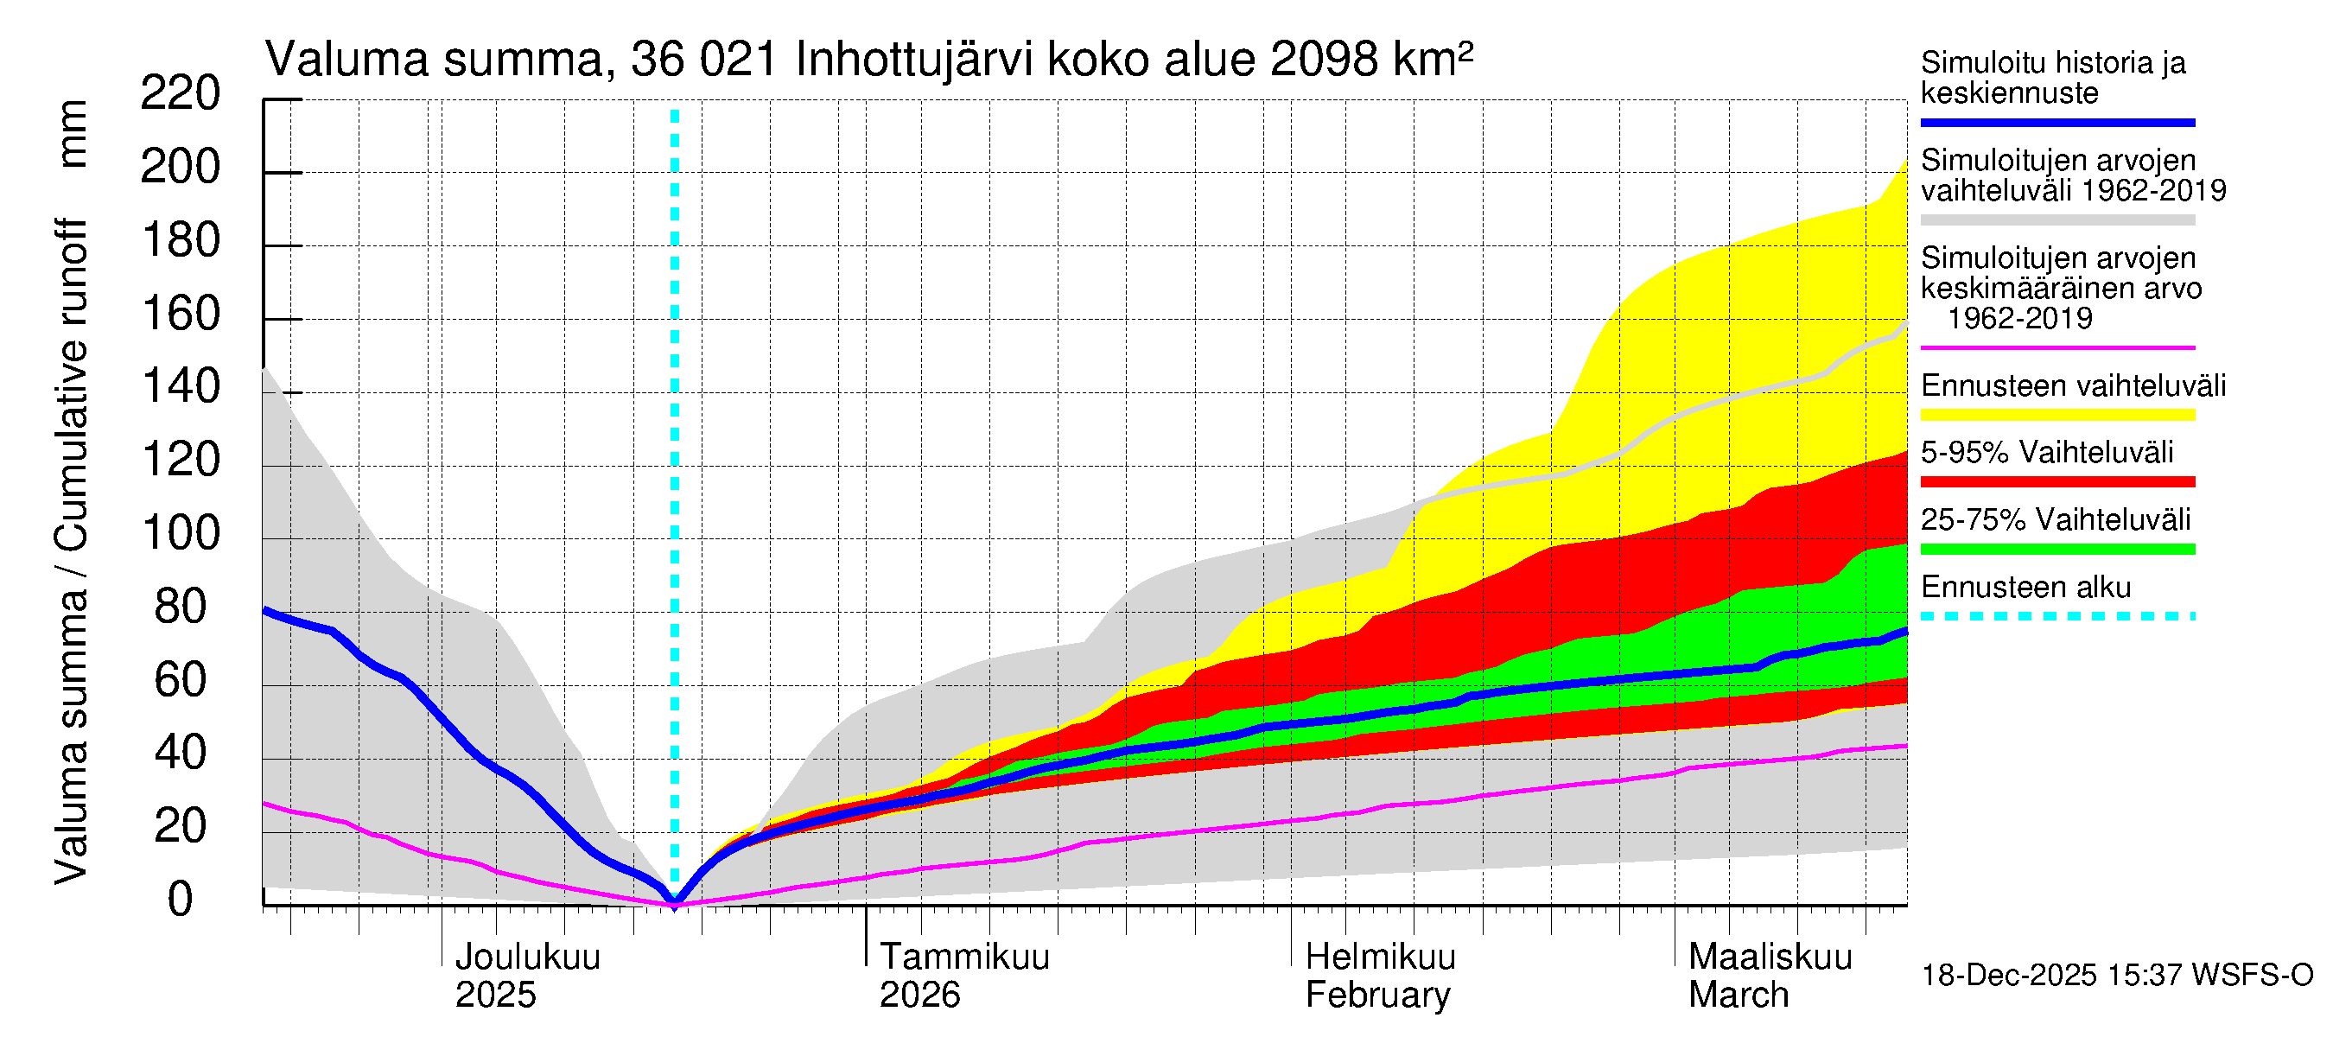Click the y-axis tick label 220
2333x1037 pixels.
tap(181, 93)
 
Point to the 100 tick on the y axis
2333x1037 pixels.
tap(181, 533)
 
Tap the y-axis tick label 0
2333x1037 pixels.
tap(181, 900)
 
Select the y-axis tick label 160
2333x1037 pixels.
tap(181, 314)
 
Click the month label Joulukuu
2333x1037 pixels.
tap(527, 957)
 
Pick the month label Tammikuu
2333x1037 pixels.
tap(964, 957)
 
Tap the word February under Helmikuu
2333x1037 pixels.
tap(1377, 996)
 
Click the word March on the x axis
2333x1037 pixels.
tap(1738, 996)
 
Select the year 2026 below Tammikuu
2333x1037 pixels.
tap(919, 996)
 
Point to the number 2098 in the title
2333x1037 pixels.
tap(1323, 60)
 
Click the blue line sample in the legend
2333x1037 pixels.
tap(2057, 122)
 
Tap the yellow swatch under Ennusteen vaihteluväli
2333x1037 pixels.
tap(2057, 415)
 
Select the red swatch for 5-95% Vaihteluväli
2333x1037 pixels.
tap(2057, 482)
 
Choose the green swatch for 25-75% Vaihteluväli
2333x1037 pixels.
tap(2057, 549)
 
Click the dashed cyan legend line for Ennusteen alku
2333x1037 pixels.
tap(2057, 616)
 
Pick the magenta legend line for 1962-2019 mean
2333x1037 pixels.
tap(2057, 347)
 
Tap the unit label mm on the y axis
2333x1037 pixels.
tap(73, 134)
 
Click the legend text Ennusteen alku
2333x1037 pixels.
tap(2026, 587)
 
